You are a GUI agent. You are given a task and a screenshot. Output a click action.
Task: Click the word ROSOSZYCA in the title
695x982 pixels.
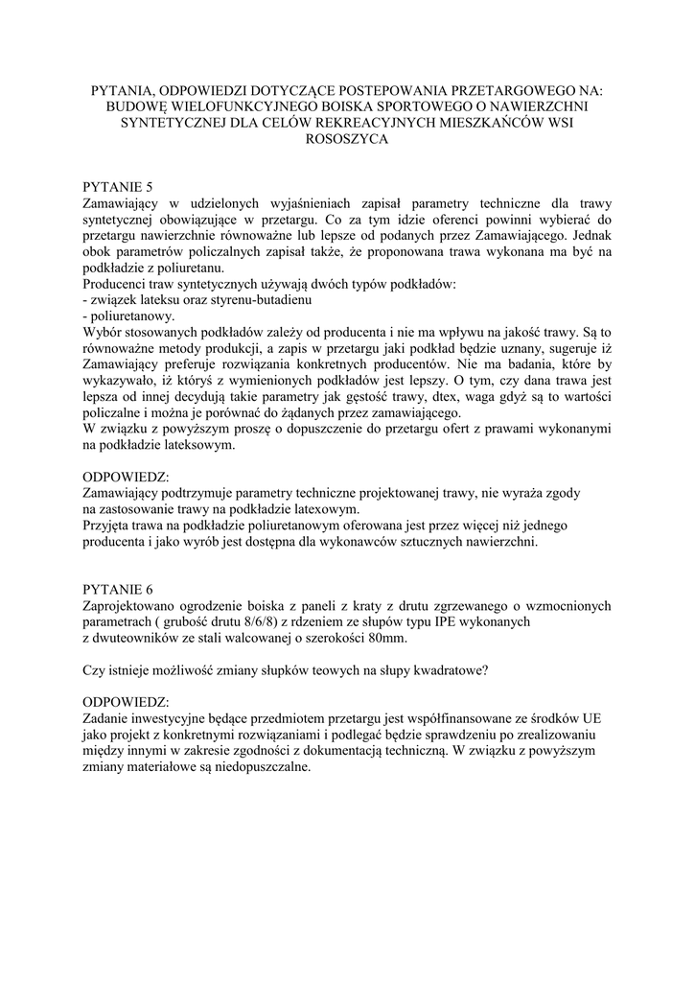coord(347,139)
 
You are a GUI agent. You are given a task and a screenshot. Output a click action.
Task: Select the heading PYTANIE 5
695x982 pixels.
coord(118,187)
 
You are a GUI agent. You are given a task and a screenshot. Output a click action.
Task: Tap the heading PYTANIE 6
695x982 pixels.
coord(118,589)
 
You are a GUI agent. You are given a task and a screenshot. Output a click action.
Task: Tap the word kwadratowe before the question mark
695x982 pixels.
coord(451,670)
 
